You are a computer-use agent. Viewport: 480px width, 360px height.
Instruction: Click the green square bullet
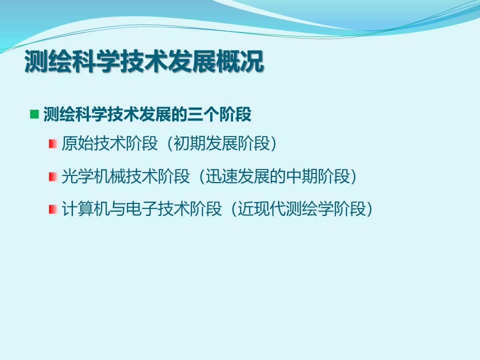(34, 114)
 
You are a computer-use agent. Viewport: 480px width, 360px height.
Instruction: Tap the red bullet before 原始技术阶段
(52, 143)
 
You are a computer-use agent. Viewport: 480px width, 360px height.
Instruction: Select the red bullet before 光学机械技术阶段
(52, 176)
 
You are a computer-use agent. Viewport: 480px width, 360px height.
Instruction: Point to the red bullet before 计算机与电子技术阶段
(52, 209)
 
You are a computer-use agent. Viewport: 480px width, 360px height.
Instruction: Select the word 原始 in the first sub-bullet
(77, 143)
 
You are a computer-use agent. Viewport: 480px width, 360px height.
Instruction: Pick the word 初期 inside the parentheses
(189, 143)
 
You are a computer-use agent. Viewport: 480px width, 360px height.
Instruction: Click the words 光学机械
(93, 176)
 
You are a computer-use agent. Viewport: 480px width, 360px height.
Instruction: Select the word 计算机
(85, 209)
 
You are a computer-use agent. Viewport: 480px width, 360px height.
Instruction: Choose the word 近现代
(261, 209)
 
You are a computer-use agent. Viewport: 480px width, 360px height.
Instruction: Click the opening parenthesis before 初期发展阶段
(170, 143)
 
